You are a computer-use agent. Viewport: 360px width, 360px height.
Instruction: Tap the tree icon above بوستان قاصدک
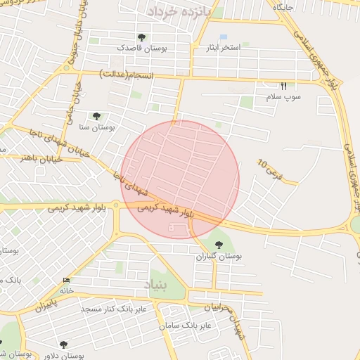[141, 37]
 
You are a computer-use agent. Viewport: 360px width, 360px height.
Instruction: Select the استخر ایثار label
[221, 48]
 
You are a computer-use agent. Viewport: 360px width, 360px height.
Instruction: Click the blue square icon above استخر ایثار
[223, 37]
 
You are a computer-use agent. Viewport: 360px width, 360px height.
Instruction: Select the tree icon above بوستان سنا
[96, 117]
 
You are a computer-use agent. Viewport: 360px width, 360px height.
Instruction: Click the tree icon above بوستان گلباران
[219, 245]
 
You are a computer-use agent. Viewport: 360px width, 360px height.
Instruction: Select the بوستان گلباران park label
[219, 257]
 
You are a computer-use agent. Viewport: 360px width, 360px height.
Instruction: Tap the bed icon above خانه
[67, 279]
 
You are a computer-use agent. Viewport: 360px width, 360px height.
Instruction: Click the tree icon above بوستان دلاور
[63, 345]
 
